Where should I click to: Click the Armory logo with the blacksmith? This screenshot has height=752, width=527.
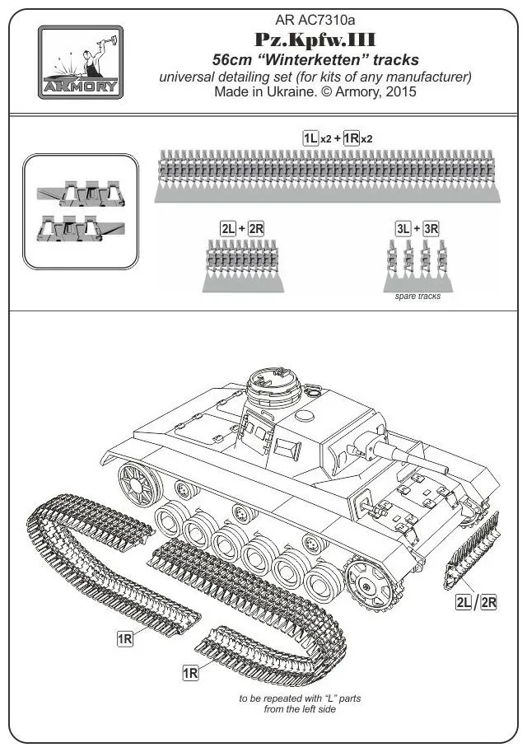pyautogui.click(x=81, y=62)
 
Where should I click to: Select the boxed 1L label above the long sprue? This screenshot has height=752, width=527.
pyautogui.click(x=310, y=138)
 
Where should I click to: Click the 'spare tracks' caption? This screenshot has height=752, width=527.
pyautogui.click(x=417, y=296)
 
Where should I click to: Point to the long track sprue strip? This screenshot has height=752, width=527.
pyautogui.click(x=326, y=174)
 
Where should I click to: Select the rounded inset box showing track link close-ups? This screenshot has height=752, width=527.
pyautogui.click(x=80, y=211)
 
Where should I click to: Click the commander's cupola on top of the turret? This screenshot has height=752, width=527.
pyautogui.click(x=274, y=386)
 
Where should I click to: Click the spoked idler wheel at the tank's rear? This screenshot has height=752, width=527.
pyautogui.click(x=135, y=484)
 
